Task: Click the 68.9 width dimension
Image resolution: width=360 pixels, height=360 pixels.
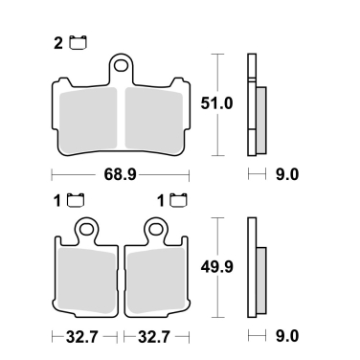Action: pos(120,175)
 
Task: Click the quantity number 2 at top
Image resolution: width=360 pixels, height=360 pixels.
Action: pos(59,42)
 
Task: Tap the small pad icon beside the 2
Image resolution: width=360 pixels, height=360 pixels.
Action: pos(78,41)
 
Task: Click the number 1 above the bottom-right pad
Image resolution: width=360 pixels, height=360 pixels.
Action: pos(159,201)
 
